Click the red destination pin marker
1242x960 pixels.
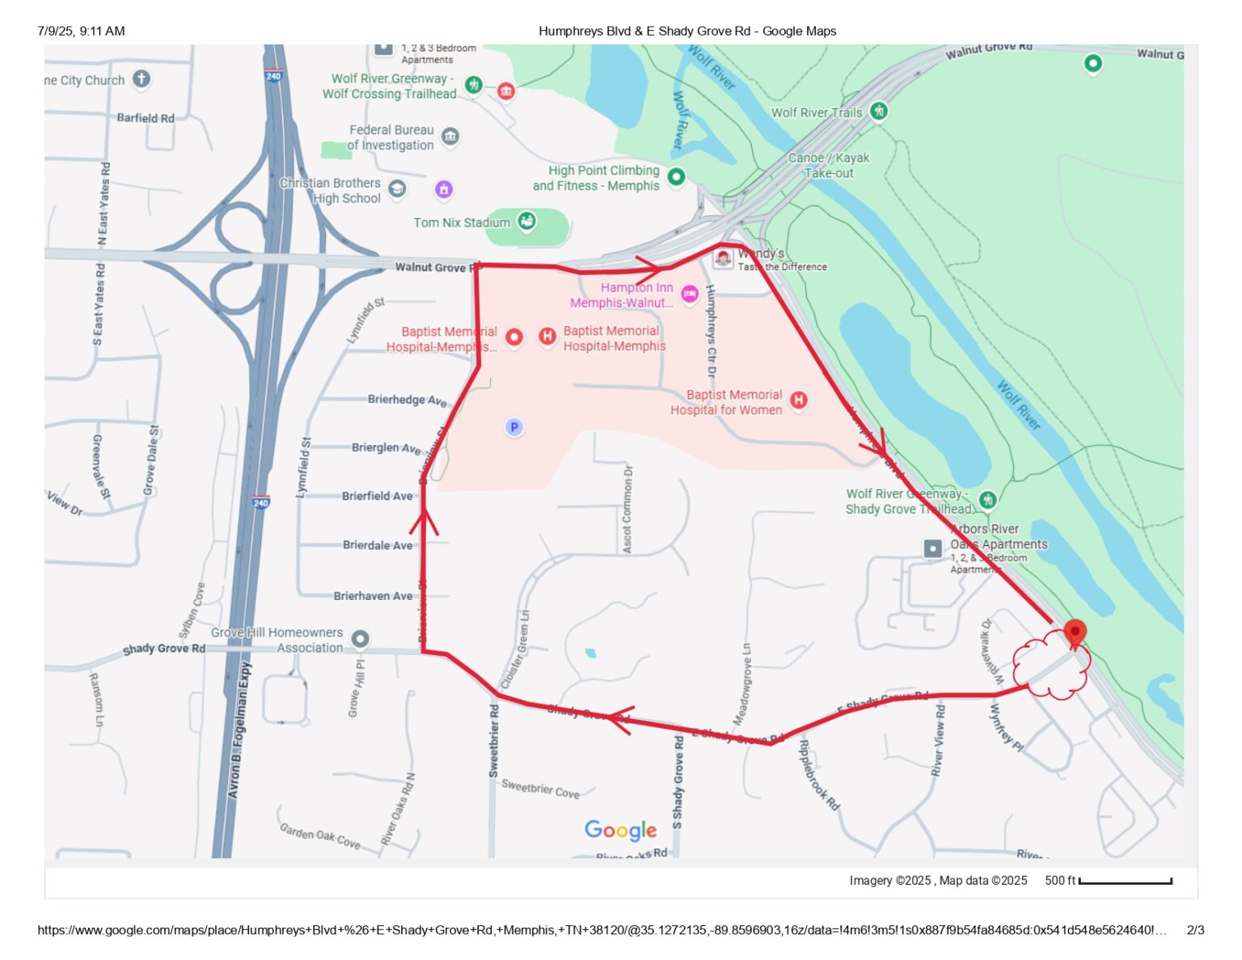(x=1074, y=632)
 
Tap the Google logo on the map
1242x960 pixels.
(x=620, y=831)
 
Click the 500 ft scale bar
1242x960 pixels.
(x=1125, y=882)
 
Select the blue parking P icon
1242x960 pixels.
(x=513, y=427)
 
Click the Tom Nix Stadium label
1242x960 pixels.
(x=462, y=222)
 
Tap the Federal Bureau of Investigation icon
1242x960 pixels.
(x=450, y=137)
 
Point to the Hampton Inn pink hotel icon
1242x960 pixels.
(x=689, y=294)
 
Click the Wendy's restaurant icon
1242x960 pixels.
(x=723, y=258)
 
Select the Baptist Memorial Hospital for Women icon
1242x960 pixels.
(x=798, y=400)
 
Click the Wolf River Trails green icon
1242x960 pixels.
(x=878, y=112)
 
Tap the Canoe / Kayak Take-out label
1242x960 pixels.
(x=829, y=165)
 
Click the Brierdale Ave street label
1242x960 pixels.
(x=378, y=545)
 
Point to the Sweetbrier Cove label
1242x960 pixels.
(x=540, y=789)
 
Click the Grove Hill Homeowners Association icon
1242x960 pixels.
(x=360, y=639)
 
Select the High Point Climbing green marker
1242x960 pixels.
(x=676, y=176)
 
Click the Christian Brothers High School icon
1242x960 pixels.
(x=397, y=188)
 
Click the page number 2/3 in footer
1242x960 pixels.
(x=1195, y=930)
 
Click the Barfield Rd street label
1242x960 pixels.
(x=146, y=118)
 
